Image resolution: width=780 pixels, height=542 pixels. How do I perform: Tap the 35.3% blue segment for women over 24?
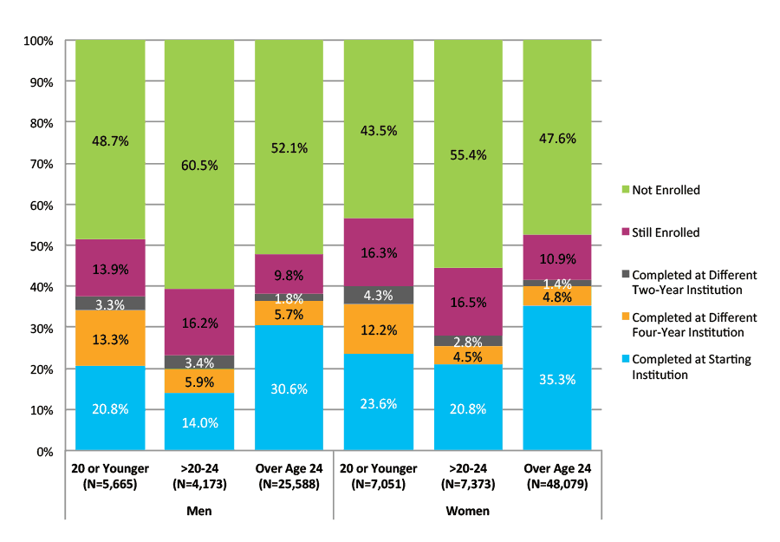tap(556, 378)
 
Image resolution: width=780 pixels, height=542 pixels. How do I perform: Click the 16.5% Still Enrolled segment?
tap(467, 301)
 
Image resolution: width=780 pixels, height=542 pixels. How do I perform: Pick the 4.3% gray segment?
tap(378, 295)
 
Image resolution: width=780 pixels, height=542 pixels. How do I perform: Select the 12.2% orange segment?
tap(378, 329)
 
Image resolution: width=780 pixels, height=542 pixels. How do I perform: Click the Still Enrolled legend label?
tap(666, 232)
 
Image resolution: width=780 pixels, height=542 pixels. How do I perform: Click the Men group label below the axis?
tap(199, 511)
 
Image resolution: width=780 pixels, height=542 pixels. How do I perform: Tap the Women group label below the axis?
tap(467, 511)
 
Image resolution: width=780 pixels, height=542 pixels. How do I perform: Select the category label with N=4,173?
tap(199, 476)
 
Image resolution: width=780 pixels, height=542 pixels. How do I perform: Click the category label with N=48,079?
tap(556, 476)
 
